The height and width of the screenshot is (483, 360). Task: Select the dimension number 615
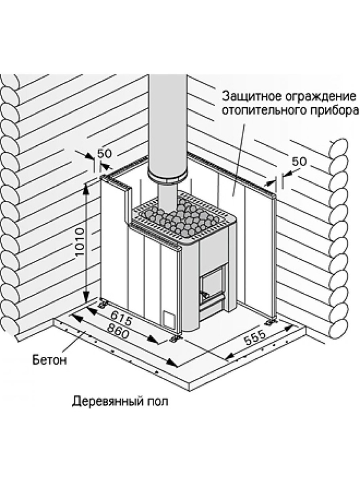pos(121,317)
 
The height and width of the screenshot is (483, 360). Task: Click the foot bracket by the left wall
pos(104,303)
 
